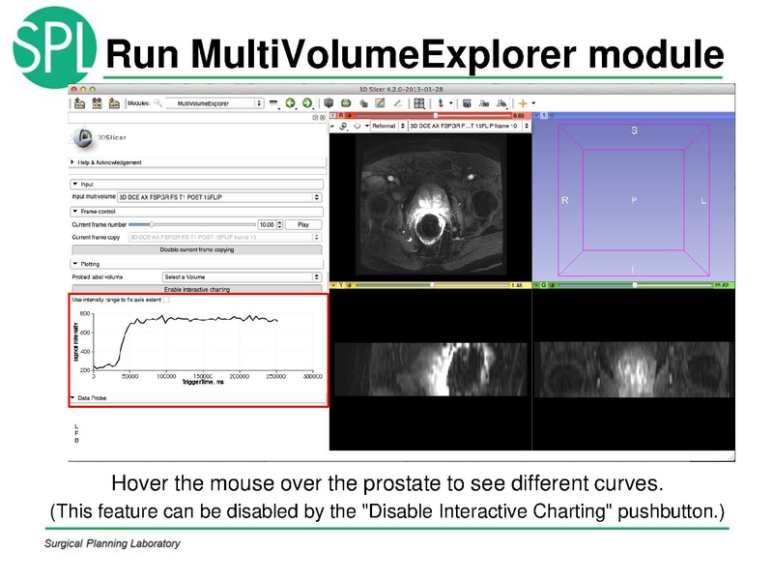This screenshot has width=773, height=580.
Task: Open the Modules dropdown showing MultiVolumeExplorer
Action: [215, 102]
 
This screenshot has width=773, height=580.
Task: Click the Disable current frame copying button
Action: [196, 249]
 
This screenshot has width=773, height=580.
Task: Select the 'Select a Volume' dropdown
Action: [242, 276]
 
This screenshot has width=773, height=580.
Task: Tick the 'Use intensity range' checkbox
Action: [167, 300]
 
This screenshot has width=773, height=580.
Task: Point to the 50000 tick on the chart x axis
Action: [129, 376]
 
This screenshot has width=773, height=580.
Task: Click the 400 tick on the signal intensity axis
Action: [85, 351]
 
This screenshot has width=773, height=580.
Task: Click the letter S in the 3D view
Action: [634, 130]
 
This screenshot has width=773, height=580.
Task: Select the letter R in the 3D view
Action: [564, 200]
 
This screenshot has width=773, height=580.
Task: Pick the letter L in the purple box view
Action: [703, 200]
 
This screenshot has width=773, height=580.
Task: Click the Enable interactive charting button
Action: [196, 289]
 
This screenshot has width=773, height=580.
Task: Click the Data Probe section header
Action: [95, 397]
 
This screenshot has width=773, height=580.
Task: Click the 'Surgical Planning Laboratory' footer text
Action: [112, 543]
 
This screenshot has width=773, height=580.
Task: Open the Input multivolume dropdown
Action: [219, 196]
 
